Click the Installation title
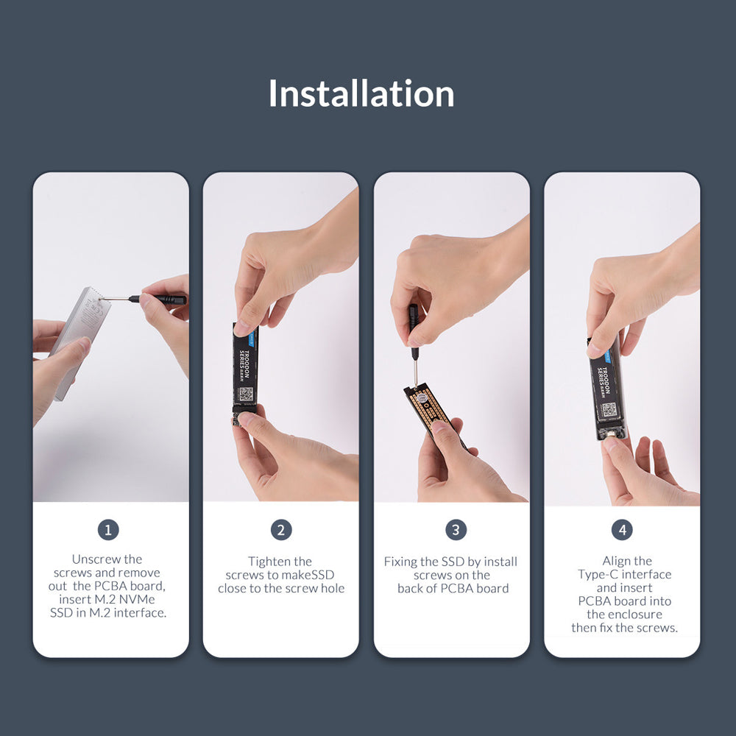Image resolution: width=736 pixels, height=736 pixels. pyautogui.click(x=361, y=94)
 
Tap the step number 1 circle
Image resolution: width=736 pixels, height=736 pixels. pyautogui.click(x=108, y=530)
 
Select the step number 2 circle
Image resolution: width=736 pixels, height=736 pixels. pyautogui.click(x=281, y=530)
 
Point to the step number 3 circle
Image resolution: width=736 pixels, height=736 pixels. pyautogui.click(x=456, y=530)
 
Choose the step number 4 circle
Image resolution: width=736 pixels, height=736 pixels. pyautogui.click(x=622, y=530)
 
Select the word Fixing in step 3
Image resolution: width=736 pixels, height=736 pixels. pyautogui.click(x=401, y=562)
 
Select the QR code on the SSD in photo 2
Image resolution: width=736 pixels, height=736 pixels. pyautogui.click(x=246, y=393)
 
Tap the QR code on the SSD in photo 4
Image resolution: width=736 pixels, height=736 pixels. pyautogui.click(x=609, y=409)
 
